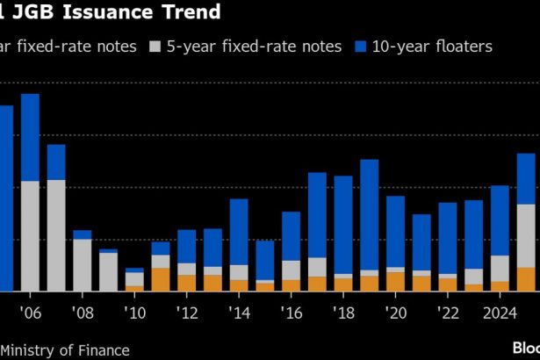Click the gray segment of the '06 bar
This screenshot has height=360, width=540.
coord(30,235)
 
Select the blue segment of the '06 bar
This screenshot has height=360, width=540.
coord(30,137)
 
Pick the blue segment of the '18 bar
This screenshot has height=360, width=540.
coord(343,225)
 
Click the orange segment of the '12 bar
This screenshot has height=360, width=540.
coord(187,283)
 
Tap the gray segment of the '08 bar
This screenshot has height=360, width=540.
coord(83,264)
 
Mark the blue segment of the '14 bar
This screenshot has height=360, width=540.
coord(239,232)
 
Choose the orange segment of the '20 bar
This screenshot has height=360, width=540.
coord(396,281)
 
